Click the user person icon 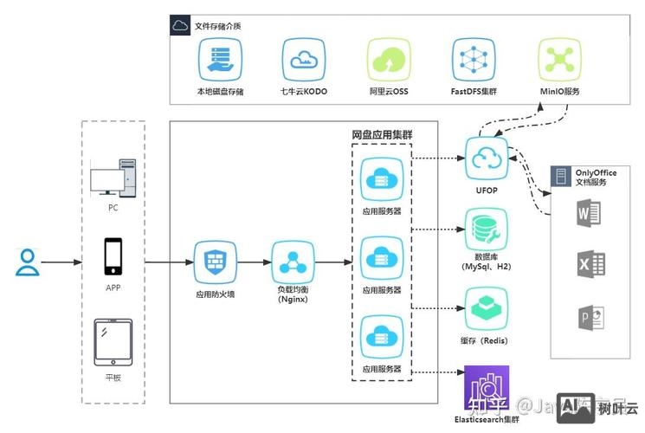point(28,262)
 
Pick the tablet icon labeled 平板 point(113,341)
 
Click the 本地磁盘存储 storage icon point(220,61)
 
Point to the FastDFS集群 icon point(473,61)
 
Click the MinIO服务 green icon point(558,61)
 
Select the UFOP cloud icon point(485,158)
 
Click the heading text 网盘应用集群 point(381,136)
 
